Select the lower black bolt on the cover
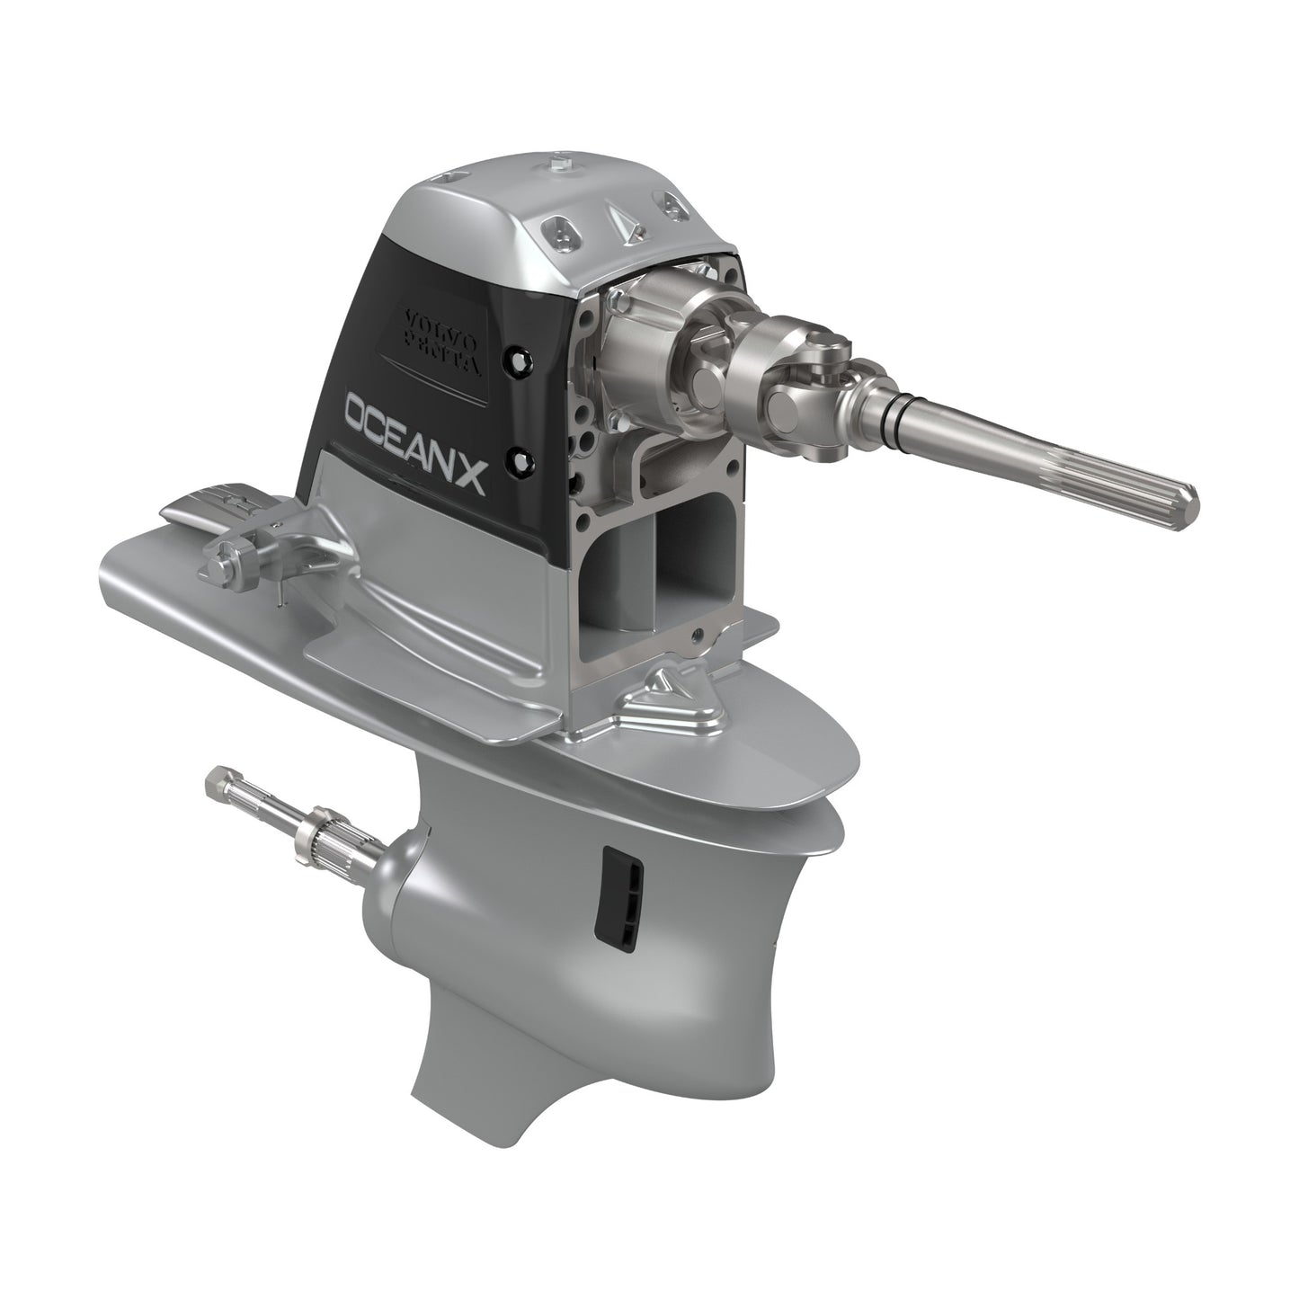coord(520,461)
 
